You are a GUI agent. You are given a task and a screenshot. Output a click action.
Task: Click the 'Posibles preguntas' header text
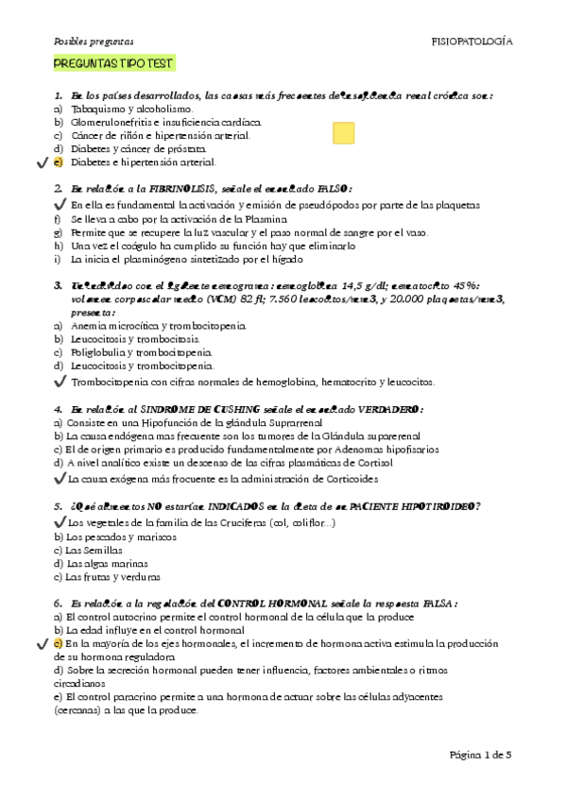coord(94,42)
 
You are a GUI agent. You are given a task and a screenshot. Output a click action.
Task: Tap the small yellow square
coord(344,133)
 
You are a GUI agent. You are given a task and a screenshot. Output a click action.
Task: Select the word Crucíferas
coord(232,522)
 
